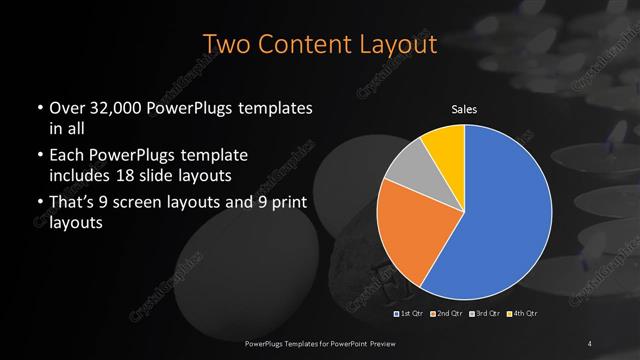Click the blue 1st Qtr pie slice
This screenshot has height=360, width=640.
coord(505,215)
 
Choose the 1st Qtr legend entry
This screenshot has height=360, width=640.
coord(411,314)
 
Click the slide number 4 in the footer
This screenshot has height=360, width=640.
coord(590,344)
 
